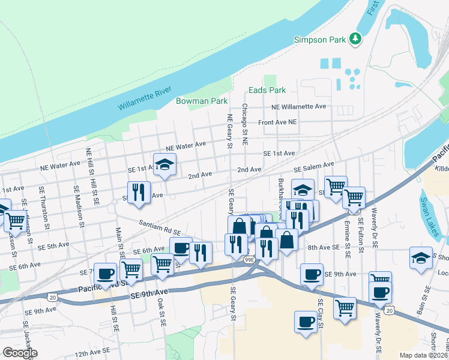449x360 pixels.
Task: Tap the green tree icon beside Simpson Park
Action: [355, 38]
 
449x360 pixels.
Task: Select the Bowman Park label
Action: [201, 101]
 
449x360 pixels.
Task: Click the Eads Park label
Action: [267, 91]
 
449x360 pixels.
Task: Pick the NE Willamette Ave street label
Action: [298, 106]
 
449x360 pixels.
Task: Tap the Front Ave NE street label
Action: [277, 122]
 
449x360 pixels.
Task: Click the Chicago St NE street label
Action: [245, 125]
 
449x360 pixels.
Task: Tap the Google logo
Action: [20, 353]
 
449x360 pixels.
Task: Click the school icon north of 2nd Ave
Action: [163, 164]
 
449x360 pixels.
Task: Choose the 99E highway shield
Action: [249, 259]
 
